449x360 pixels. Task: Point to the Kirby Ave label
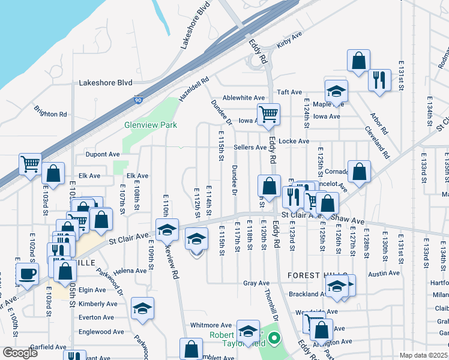(x=288, y=45)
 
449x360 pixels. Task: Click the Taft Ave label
(x=289, y=92)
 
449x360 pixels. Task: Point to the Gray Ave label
(x=256, y=283)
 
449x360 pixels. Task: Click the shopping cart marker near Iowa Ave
(x=268, y=113)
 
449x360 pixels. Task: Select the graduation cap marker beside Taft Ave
(x=336, y=91)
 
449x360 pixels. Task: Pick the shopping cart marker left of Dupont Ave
(x=30, y=164)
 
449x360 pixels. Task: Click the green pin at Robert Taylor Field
(x=275, y=338)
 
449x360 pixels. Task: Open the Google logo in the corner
(x=20, y=353)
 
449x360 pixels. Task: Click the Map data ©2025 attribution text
(x=423, y=355)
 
